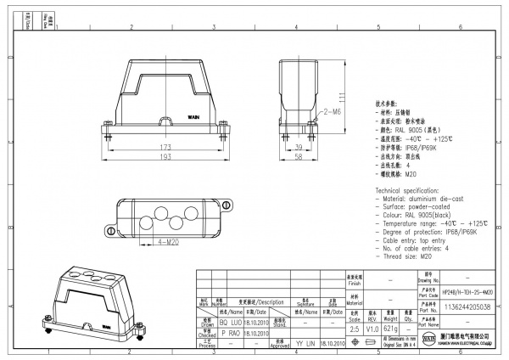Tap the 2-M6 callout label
click(x=330, y=112)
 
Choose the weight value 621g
click(x=391, y=329)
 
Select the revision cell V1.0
click(x=372, y=329)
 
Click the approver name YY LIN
click(x=305, y=345)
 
